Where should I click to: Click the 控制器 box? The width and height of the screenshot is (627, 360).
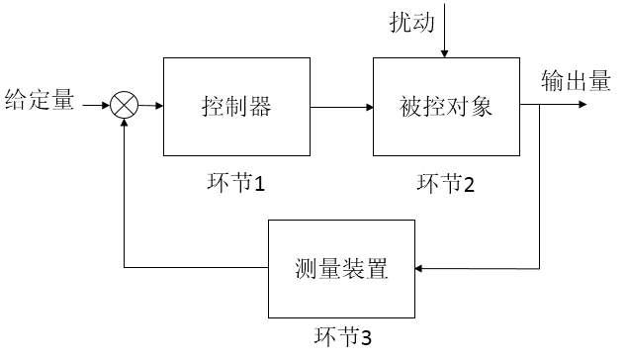coord(236,106)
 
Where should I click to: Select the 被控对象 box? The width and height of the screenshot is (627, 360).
coord(446,106)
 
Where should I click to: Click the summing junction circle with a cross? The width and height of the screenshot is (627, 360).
coord(125,105)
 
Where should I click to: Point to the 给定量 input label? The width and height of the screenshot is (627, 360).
coord(40,100)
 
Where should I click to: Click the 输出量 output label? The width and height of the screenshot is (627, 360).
coord(576,83)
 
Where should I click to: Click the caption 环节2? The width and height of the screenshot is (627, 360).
coord(445,183)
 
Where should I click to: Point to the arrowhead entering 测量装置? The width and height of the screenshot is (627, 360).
coord(419,268)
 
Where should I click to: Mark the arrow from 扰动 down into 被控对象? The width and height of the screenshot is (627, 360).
coord(447,30)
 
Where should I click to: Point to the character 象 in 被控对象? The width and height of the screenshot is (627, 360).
coord(482,106)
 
